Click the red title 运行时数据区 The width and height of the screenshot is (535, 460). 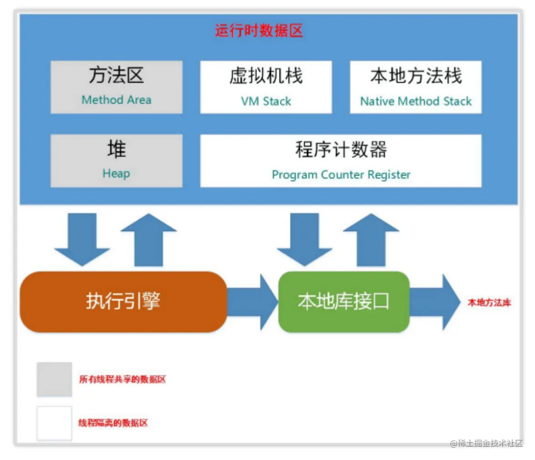(258, 31)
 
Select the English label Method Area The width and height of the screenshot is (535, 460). (116, 100)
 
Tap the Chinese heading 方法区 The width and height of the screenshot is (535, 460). (116, 75)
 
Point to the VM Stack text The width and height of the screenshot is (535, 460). (266, 101)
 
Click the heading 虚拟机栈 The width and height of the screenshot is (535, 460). (266, 76)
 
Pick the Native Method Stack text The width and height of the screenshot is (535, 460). (416, 101)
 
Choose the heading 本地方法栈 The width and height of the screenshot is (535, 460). (416, 76)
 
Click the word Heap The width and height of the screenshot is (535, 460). (116, 174)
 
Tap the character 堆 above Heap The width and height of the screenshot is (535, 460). (116, 149)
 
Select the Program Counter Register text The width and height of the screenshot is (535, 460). (341, 174)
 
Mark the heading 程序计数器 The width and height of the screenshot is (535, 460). (341, 149)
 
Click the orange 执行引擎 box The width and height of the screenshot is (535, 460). (123, 302)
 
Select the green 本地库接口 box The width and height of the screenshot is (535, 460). (343, 302)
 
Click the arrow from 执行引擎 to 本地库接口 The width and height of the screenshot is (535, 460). (252, 302)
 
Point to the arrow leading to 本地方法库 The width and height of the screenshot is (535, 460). (435, 302)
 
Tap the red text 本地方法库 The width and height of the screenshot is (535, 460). (490, 302)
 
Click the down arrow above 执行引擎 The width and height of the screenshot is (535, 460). (82, 240)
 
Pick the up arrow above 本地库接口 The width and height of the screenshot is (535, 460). (371, 240)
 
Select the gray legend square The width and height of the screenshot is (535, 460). (54, 379)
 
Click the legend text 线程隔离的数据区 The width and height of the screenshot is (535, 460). (113, 423)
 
